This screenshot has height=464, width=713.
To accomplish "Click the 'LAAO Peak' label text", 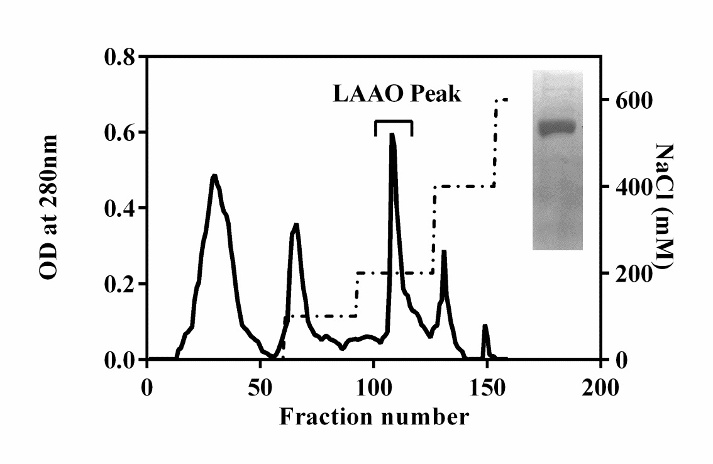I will click(396, 94).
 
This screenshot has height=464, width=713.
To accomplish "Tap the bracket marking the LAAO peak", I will click(394, 121).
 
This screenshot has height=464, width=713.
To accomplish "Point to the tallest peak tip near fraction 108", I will click(392, 135).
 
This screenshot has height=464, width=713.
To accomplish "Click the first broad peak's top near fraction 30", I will click(214, 176).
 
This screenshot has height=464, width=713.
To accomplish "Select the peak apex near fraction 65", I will click(295, 225).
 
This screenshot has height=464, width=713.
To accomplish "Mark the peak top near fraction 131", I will click(444, 252).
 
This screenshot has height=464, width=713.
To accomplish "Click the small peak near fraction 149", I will click(485, 326).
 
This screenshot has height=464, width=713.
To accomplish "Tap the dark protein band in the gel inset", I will click(558, 128).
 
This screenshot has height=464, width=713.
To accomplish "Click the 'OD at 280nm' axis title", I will click(50, 207).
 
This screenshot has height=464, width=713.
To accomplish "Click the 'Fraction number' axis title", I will click(373, 416).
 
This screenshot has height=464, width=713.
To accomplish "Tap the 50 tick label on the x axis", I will click(260, 386).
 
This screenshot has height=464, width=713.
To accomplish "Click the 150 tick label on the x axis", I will click(487, 386).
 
